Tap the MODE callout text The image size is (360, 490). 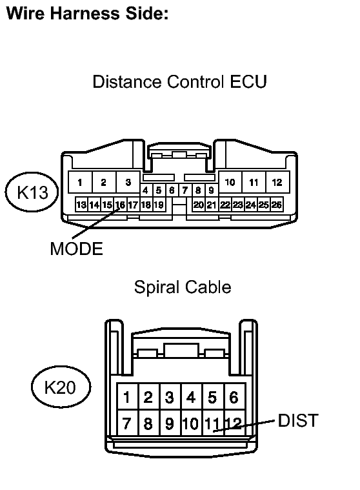(x=77, y=249)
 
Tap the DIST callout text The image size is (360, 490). (x=298, y=420)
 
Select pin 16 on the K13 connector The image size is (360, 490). (x=120, y=205)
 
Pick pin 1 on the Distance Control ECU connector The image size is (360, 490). (x=80, y=182)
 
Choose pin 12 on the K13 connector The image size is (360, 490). (x=277, y=182)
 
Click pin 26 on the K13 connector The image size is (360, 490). (x=277, y=205)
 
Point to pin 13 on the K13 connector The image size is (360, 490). (x=81, y=205)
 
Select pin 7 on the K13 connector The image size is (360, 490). (x=185, y=190)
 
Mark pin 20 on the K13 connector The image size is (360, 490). (x=198, y=205)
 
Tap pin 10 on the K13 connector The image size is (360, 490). (x=230, y=182)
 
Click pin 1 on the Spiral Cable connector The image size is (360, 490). (x=127, y=396)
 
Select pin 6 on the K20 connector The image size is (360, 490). (x=234, y=396)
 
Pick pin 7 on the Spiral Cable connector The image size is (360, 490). (x=127, y=423)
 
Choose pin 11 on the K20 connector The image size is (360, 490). (x=214, y=423)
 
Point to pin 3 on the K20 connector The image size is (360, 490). (x=170, y=396)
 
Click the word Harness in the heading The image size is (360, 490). (x=85, y=14)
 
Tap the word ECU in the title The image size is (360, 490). (x=248, y=81)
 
